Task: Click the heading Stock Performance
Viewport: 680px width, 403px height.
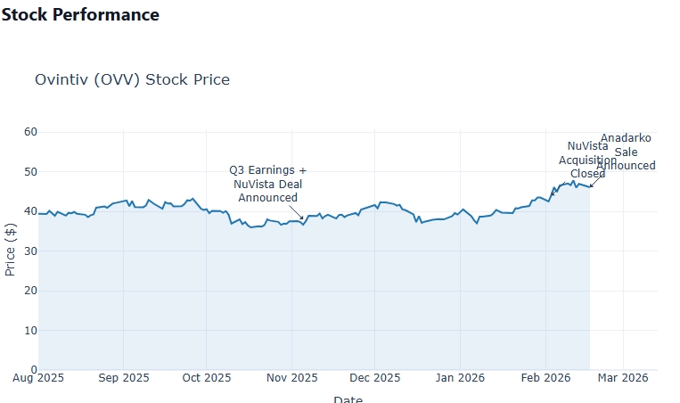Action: (x=80, y=15)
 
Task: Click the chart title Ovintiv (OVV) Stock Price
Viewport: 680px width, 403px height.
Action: (x=132, y=80)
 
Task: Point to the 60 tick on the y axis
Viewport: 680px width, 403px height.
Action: (x=30, y=132)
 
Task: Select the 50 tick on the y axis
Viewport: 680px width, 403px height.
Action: (x=30, y=172)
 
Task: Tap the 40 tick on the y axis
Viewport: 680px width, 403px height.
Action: (x=30, y=211)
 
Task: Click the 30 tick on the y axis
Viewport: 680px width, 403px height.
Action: (x=30, y=251)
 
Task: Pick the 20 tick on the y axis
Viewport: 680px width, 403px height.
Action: (x=30, y=291)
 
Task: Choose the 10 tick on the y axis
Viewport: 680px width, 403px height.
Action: (x=30, y=330)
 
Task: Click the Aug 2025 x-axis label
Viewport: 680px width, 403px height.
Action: (x=38, y=378)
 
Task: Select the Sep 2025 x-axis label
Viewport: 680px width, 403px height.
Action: (x=123, y=378)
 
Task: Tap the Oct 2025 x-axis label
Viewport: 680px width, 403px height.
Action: (x=206, y=378)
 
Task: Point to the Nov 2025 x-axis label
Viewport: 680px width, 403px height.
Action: (x=291, y=378)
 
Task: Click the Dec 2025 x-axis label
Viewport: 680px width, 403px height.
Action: (x=374, y=378)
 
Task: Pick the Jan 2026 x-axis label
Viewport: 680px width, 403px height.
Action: (x=459, y=378)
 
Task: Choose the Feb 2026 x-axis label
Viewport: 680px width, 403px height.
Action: (x=544, y=378)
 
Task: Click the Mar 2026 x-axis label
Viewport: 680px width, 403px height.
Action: (x=622, y=378)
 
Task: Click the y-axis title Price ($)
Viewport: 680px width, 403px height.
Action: (x=11, y=251)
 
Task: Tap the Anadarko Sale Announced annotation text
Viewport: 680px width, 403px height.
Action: (x=626, y=152)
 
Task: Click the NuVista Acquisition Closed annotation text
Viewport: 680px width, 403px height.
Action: (x=587, y=160)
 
